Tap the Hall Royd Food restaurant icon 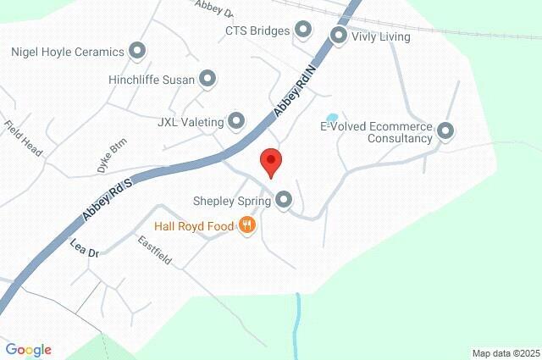pyautogui.click(x=247, y=225)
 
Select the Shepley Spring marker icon pyautogui.click(x=285, y=201)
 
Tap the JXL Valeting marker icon pyautogui.click(x=236, y=121)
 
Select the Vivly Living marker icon pyautogui.click(x=339, y=36)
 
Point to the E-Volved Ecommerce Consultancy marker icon pyautogui.click(x=445, y=131)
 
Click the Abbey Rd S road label pyautogui.click(x=108, y=202)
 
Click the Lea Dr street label pyautogui.click(x=85, y=249)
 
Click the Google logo pyautogui.click(x=28, y=350)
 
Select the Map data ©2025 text pyautogui.click(x=505, y=353)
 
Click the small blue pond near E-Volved pyautogui.click(x=332, y=118)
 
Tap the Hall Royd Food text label pyautogui.click(x=194, y=226)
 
